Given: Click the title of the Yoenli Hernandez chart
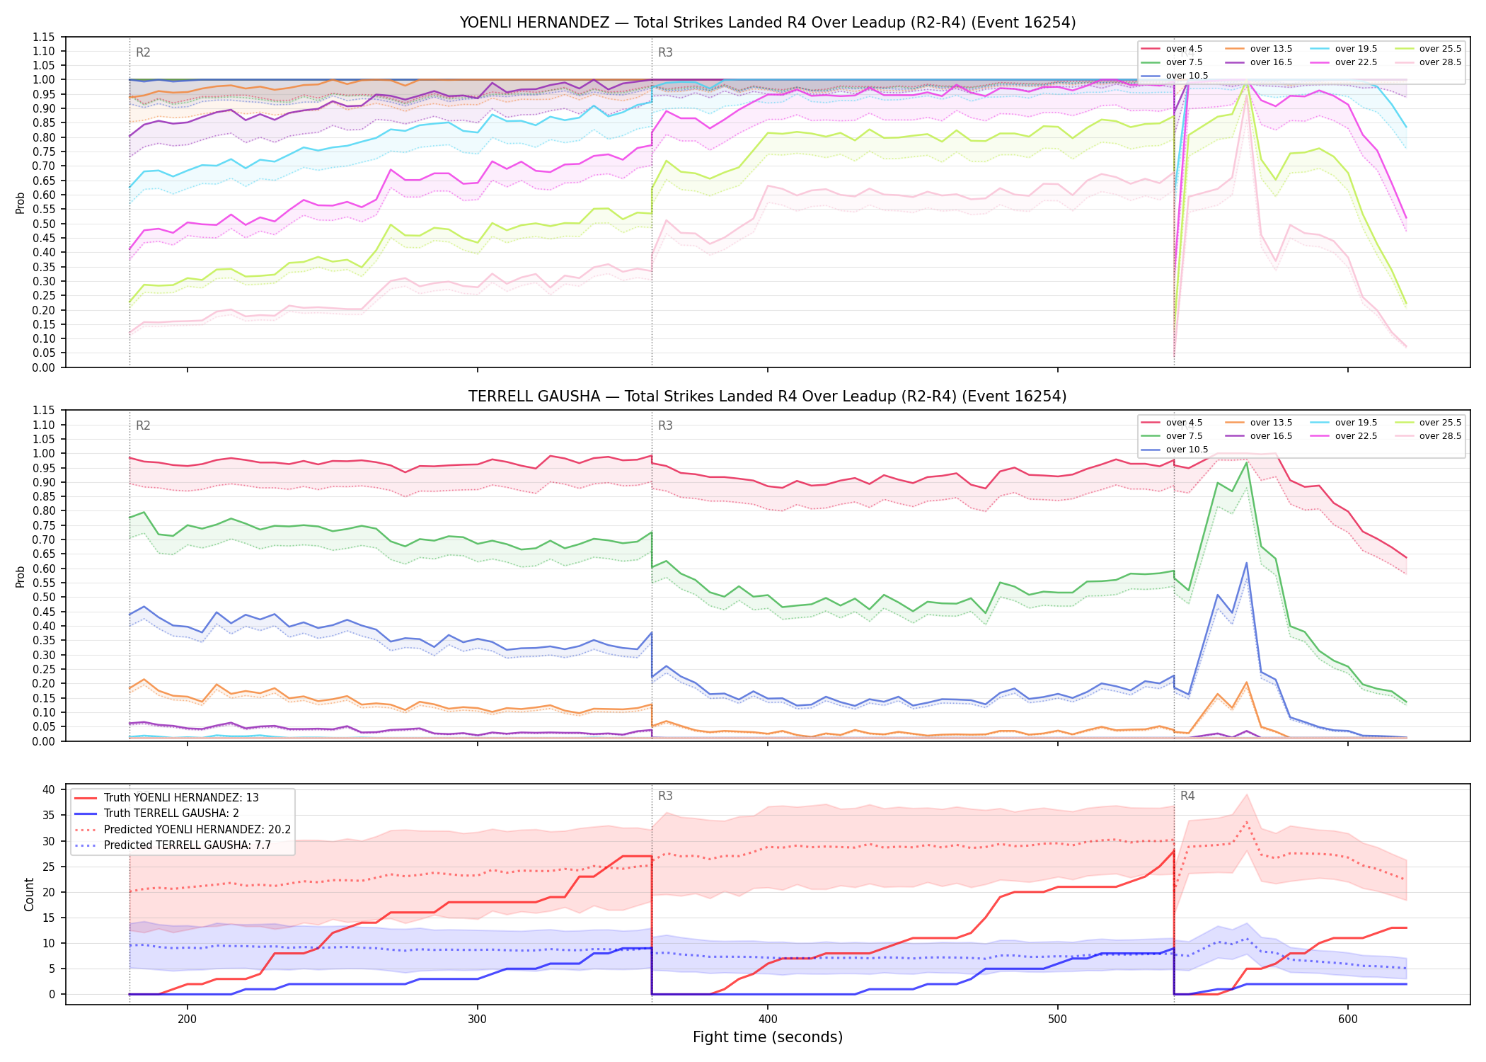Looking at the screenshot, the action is point(767,23).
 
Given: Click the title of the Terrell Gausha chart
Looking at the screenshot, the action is point(767,396).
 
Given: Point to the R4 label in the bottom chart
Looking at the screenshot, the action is point(1187,796).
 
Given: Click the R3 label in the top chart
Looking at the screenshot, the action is point(665,52).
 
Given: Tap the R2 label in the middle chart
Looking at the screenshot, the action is point(143,426).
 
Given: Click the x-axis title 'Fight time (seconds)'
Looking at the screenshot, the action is point(768,1037).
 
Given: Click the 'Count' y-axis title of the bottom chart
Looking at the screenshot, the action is point(29,894).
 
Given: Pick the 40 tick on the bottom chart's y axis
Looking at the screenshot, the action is point(49,790).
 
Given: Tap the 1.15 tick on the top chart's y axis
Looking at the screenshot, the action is point(44,37).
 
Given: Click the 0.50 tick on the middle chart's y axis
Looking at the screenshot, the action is point(44,598).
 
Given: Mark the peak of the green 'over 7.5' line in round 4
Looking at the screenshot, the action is point(1246,462).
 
